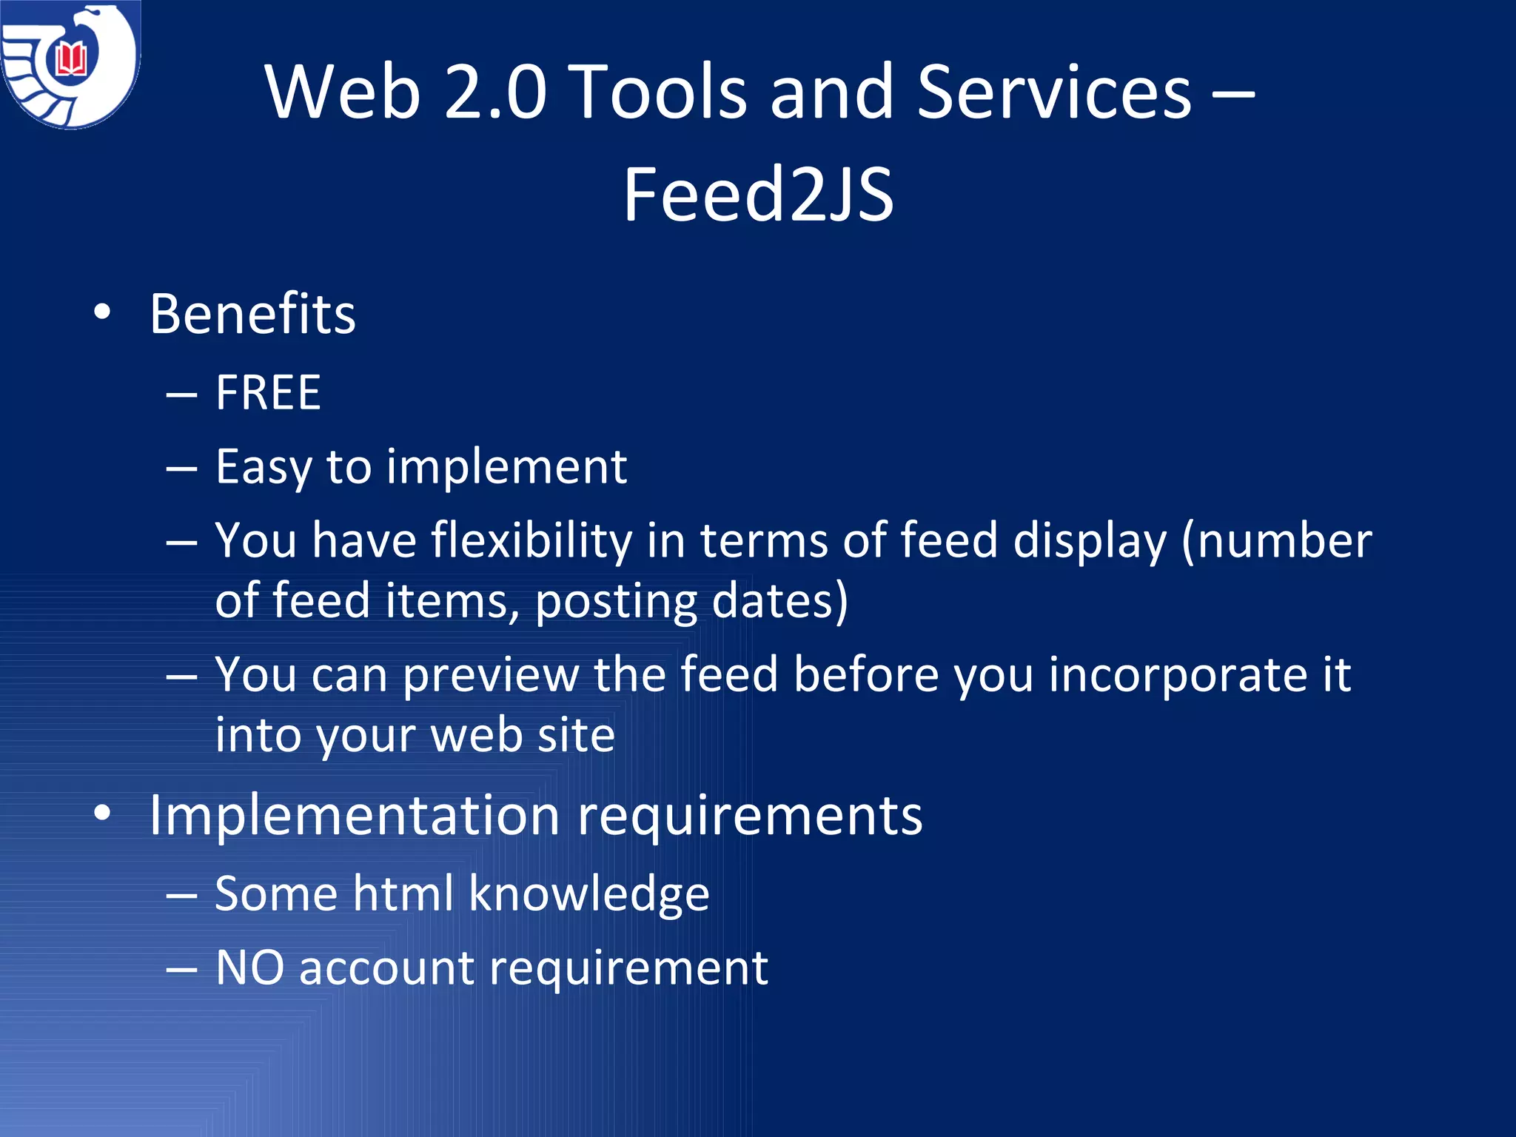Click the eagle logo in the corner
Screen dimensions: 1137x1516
tap(70, 65)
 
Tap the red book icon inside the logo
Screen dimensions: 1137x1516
tap(72, 59)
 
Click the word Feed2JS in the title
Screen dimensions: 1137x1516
tap(758, 195)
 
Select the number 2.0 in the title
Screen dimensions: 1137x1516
tap(495, 92)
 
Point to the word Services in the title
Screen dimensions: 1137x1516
tap(1054, 92)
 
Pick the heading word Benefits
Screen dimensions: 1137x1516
tap(252, 314)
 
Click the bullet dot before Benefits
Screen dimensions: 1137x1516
tap(102, 313)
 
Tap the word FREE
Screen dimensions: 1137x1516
tap(268, 392)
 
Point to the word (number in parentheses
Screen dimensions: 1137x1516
tap(1276, 540)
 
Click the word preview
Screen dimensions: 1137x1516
tap(490, 676)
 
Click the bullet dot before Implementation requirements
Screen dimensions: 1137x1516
tap(102, 814)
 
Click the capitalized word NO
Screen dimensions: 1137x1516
tap(249, 967)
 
